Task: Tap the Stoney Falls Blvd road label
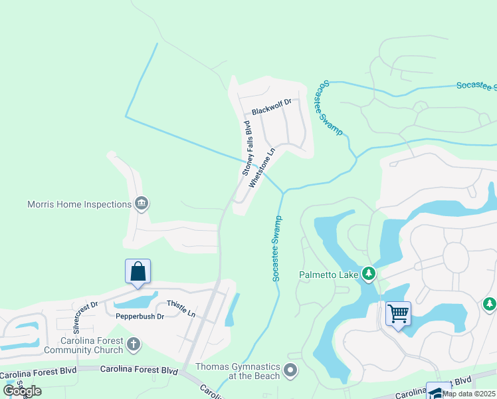[x=246, y=148]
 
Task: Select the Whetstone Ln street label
[x=261, y=168]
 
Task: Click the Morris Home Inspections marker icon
[x=141, y=203]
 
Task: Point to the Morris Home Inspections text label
[x=79, y=204]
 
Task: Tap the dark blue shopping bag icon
[x=138, y=272]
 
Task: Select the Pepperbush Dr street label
[x=140, y=317]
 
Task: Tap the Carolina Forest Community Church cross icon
[x=134, y=344]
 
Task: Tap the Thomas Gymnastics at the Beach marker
[x=290, y=370]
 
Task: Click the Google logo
[x=23, y=391]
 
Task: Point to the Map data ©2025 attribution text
[x=468, y=394]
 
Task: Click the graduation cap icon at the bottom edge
[x=437, y=392]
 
